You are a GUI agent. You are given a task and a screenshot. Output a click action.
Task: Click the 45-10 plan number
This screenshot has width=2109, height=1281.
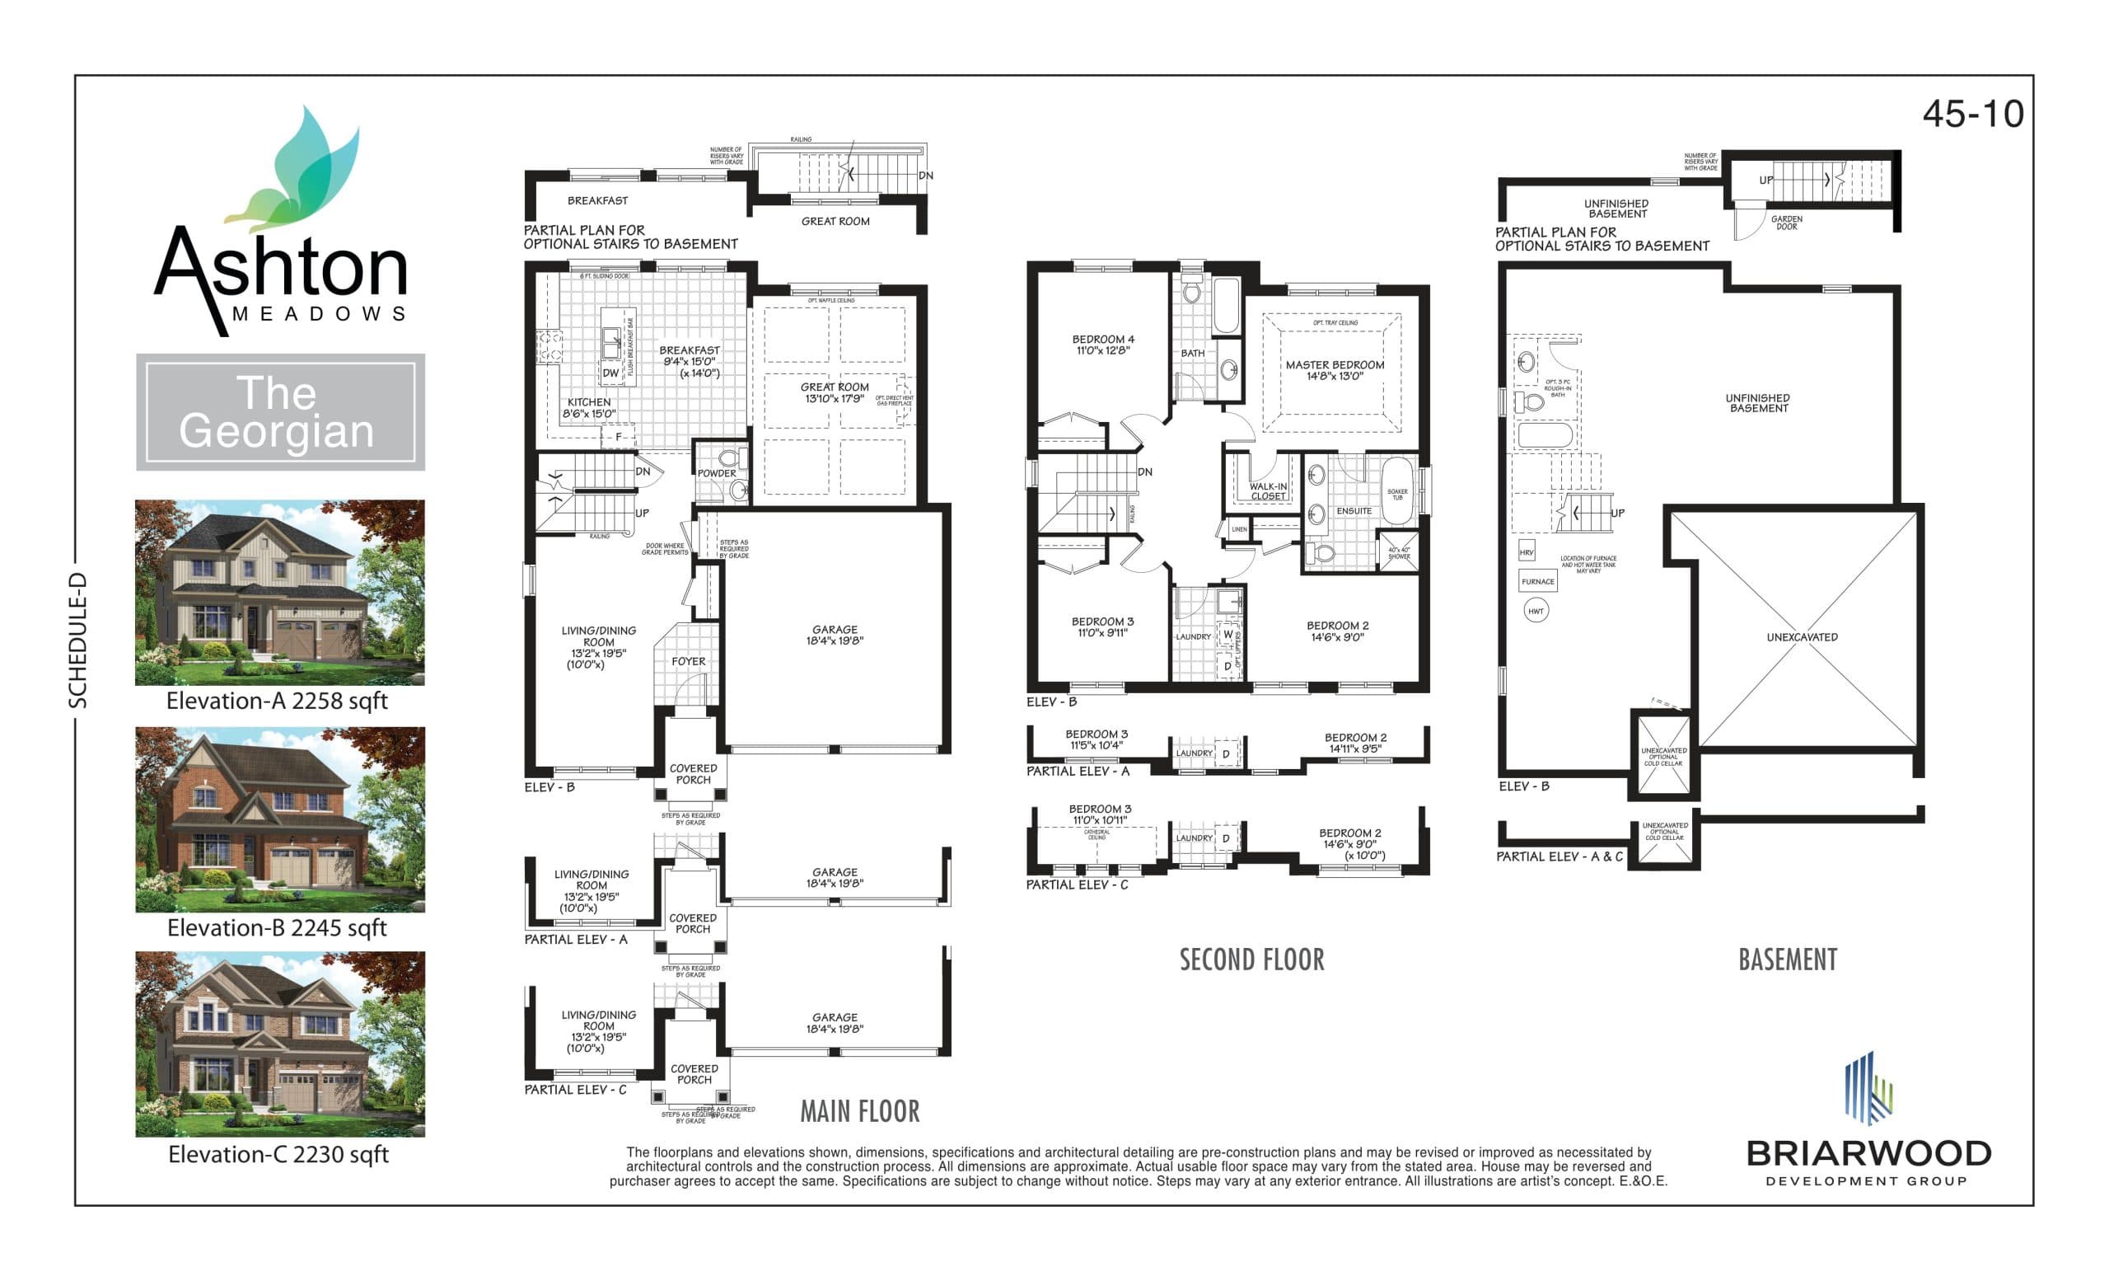tap(1972, 114)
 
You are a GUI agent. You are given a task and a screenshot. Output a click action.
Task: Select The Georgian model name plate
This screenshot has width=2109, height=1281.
tap(280, 412)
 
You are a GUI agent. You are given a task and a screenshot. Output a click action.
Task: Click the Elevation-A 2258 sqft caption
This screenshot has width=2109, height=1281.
tap(277, 701)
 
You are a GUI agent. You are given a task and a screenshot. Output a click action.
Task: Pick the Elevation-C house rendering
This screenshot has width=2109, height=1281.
tap(280, 1044)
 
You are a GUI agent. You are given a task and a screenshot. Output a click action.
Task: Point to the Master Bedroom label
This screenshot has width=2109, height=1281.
tap(1335, 365)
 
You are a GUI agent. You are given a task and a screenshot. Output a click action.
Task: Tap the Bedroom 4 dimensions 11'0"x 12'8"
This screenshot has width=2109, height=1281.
tap(1102, 350)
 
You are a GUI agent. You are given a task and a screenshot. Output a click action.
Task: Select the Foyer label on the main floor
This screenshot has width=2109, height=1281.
tap(688, 662)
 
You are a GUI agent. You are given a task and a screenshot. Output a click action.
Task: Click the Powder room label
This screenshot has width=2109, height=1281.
tap(717, 472)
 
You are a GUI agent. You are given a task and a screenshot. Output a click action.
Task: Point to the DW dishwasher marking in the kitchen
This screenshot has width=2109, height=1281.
tap(610, 373)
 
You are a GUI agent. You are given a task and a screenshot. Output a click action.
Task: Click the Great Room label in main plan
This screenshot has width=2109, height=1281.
tap(835, 387)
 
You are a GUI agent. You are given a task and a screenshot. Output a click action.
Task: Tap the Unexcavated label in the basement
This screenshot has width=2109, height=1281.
tap(1802, 637)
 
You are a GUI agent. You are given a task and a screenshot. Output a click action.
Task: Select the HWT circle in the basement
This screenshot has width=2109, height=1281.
tap(1536, 611)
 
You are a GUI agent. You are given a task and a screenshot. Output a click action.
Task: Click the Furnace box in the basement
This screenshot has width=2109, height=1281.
tap(1537, 581)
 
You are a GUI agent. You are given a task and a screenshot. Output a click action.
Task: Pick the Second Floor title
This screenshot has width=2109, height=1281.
tap(1251, 960)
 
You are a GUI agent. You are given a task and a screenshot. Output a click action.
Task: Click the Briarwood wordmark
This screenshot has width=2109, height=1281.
tap(1868, 1153)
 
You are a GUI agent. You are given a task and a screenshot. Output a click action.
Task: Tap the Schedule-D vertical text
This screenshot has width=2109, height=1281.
tap(78, 640)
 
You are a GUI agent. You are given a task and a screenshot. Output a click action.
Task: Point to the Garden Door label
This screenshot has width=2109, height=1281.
tap(1786, 223)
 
